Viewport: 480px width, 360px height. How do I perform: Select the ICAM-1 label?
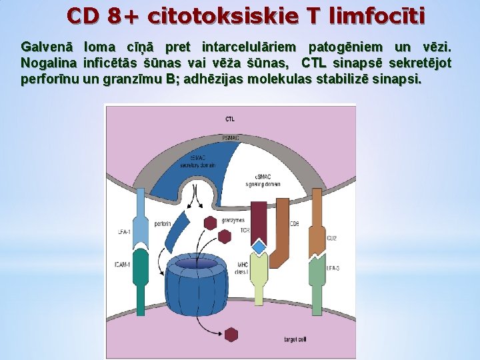pyautogui.click(x=122, y=265)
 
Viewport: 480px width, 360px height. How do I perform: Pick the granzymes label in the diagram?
pyautogui.click(x=233, y=219)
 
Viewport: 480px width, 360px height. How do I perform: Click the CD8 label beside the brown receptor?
pyautogui.click(x=294, y=223)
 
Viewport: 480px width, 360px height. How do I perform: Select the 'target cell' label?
pyautogui.click(x=295, y=339)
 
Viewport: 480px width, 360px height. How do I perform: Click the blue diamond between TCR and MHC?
pyautogui.click(x=259, y=247)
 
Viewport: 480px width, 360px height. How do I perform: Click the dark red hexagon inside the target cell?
pyautogui.click(x=231, y=335)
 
